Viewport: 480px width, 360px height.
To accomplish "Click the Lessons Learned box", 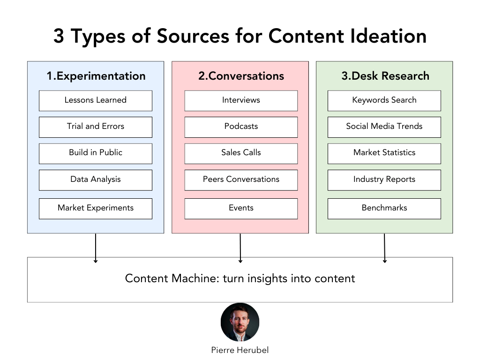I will click(x=96, y=100).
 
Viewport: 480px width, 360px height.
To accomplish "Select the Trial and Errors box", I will click(x=96, y=127).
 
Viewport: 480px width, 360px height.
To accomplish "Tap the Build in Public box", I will click(x=96, y=153).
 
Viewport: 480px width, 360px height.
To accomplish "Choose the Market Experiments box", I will click(x=96, y=208).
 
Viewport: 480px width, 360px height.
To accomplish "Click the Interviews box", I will click(x=241, y=100).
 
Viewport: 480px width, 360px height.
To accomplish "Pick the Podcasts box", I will click(x=241, y=127).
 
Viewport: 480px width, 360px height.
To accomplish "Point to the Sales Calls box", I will click(x=241, y=153).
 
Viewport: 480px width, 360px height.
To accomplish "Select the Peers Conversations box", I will click(x=241, y=180).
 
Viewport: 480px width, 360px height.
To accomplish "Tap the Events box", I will click(x=241, y=208).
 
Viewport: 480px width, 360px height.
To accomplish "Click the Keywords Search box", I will click(x=384, y=100).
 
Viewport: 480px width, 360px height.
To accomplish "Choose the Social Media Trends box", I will click(x=384, y=127).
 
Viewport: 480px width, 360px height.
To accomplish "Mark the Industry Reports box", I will click(x=384, y=180).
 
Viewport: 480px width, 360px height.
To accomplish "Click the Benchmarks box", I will click(x=384, y=208).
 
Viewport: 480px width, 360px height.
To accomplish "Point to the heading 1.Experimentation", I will click(x=96, y=76).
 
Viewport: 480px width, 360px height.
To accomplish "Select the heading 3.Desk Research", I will click(x=385, y=76).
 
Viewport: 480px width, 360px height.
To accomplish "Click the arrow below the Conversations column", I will click(x=240, y=248).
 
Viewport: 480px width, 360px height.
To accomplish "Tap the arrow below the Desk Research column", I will click(x=384, y=248).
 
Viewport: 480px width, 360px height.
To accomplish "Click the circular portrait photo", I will click(x=240, y=322).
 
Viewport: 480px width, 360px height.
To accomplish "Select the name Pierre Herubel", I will click(x=240, y=350).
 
